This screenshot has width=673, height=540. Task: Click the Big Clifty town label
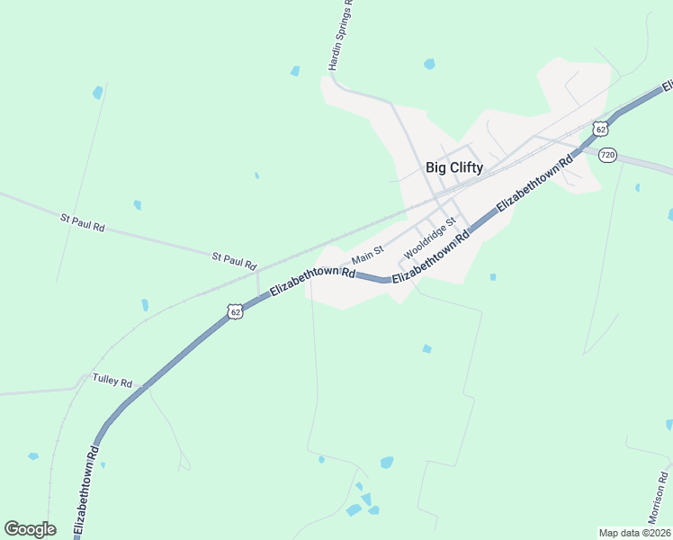tap(453, 167)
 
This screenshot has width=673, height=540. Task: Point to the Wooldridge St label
tap(431, 235)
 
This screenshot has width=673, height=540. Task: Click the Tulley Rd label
tap(112, 381)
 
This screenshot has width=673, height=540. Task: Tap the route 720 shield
tap(607, 155)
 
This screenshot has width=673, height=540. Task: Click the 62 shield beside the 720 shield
tap(600, 129)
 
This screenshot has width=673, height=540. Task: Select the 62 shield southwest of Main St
tap(235, 311)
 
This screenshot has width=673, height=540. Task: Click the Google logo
tap(30, 529)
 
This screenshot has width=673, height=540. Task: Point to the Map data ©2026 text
tap(633, 533)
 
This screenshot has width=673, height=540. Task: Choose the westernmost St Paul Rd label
tap(83, 223)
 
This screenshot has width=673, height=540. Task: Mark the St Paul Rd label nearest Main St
tap(235, 261)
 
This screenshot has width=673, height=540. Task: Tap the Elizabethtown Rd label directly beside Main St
tap(312, 282)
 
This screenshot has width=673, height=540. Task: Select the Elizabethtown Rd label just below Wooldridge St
tap(431, 256)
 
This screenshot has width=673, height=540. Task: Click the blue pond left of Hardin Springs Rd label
tap(294, 71)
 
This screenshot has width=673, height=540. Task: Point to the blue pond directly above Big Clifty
tap(429, 64)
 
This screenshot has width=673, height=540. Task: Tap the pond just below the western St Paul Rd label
tap(137, 205)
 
